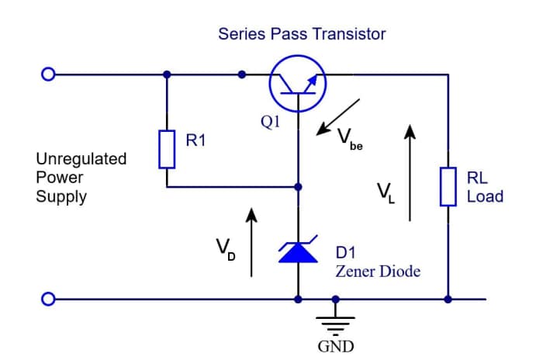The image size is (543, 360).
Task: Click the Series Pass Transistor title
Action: pos(302,34)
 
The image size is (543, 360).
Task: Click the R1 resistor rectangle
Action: pos(167,149)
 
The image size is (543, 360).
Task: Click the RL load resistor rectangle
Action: pos(448,186)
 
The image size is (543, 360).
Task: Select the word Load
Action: pos(485,196)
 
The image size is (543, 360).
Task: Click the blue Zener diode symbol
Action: pos(299,251)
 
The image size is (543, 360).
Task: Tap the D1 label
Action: pos(347,253)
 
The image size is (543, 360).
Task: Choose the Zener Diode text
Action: pos(378,272)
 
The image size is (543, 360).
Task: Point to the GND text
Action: pos(335,346)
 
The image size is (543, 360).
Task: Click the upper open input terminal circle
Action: pos(48,75)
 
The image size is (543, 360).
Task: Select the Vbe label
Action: pos(349,140)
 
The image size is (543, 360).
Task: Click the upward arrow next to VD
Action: pos(251,241)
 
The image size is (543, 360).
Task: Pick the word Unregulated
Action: pos(81,159)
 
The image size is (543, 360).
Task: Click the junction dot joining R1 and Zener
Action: pos(299,187)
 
